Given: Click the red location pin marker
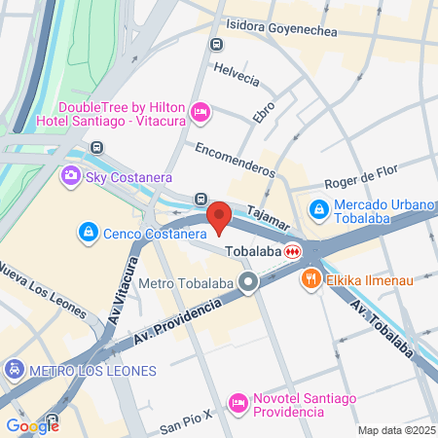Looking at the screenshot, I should point(219,216).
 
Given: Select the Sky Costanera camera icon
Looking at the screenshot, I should point(70,176).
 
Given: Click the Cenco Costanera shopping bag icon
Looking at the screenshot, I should point(89,233).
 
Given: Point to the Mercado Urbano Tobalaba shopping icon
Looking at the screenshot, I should point(318,208).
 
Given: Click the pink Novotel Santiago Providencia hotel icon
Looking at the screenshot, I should point(238,403).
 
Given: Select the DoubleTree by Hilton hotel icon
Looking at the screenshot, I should point(201,113).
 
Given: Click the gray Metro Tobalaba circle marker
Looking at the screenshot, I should point(248,283).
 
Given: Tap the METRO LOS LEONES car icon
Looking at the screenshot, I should point(14,370).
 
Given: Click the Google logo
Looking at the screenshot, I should point(32,425).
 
